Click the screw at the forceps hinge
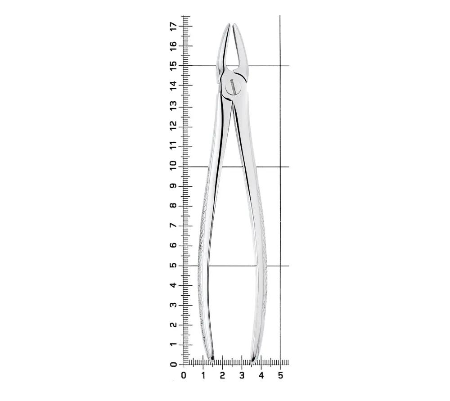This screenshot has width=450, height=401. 233,87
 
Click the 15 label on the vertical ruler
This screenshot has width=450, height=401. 174,65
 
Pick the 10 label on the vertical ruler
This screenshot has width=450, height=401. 174,166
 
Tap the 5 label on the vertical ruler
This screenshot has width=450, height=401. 174,266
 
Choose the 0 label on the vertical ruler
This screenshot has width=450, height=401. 174,365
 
